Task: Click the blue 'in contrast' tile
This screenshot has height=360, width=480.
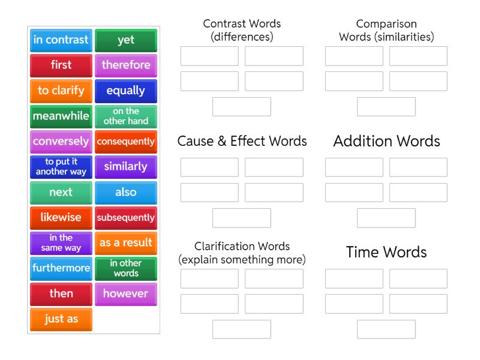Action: pos(61,40)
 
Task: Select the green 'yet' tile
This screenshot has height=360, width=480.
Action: pos(126,40)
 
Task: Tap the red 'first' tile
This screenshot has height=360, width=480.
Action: pos(61,65)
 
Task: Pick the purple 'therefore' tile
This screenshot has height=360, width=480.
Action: pos(126,65)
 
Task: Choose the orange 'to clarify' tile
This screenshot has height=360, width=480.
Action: pos(61,91)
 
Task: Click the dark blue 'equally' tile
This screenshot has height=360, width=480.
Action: pos(126,91)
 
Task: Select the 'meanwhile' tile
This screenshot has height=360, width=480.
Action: pos(61,116)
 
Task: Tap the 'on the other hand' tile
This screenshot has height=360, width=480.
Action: pos(126,116)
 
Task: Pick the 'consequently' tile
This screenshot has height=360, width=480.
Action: pos(126,142)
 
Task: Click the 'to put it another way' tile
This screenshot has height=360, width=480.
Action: pos(61,167)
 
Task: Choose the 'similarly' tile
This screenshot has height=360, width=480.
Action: pos(126,167)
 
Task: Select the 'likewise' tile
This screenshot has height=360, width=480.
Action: pos(61,218)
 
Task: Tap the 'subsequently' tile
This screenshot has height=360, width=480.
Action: pos(126,218)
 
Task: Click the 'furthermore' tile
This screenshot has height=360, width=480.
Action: pos(61,268)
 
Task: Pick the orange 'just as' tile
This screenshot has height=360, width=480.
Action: pos(61,319)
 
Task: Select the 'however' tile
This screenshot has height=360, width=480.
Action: pos(126,294)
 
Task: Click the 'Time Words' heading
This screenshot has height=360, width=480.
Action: pos(386,252)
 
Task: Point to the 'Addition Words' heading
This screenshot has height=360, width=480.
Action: pos(386,141)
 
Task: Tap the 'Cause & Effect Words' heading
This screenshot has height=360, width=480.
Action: pos(242,141)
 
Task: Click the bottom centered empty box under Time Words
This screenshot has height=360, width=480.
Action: pos(386,329)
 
